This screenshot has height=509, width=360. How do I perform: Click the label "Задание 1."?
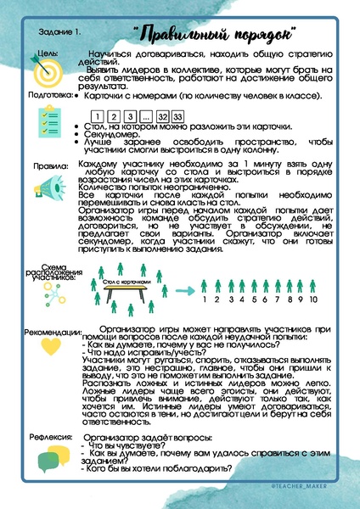click(59, 33)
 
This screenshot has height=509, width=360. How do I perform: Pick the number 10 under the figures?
click(313, 299)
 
